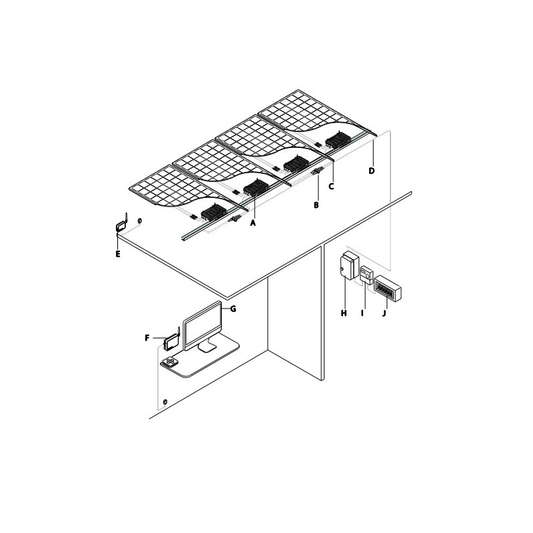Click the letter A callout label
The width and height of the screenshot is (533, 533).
pos(253,223)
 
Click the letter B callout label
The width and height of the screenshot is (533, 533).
pos(316,205)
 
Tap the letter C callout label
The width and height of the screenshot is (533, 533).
pos(331,187)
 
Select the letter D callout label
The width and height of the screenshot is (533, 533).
pos(372,171)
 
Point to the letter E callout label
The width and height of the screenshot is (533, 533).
pos(118,254)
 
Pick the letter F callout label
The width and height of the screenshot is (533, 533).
pos(147,338)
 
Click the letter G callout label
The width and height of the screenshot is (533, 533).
pos(233,308)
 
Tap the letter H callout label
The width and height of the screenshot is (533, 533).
pos(344,313)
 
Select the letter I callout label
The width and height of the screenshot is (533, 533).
pos(362,313)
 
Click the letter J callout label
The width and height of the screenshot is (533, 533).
pos(384,313)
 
